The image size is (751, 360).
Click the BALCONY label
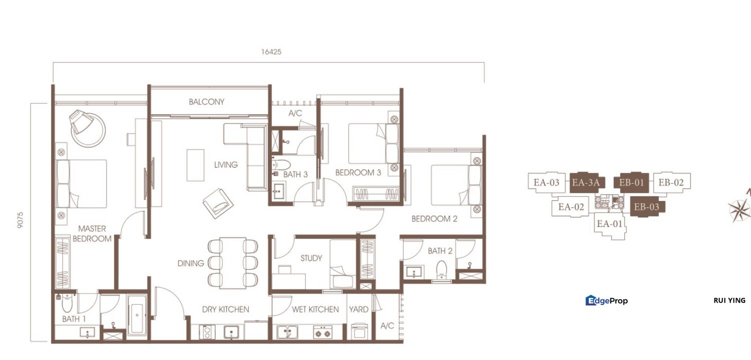(x=206, y=102)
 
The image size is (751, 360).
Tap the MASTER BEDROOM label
(x=92, y=233)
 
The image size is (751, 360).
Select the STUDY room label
(x=311, y=258)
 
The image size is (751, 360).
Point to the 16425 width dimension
(x=271, y=51)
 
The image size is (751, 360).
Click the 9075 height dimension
(x=20, y=219)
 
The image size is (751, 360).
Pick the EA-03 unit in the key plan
(x=546, y=182)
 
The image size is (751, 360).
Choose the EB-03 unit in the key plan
(x=646, y=206)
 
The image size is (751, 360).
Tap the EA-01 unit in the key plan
(x=609, y=224)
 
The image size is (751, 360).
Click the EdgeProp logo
(x=606, y=300)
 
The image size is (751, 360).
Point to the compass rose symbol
(x=740, y=209)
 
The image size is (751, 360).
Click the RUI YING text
(x=729, y=300)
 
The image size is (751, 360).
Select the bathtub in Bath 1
(x=136, y=315)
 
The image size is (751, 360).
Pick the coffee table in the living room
(x=195, y=165)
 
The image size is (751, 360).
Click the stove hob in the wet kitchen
(x=322, y=332)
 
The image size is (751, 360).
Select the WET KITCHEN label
(x=315, y=309)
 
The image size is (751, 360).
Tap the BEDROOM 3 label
(x=358, y=172)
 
